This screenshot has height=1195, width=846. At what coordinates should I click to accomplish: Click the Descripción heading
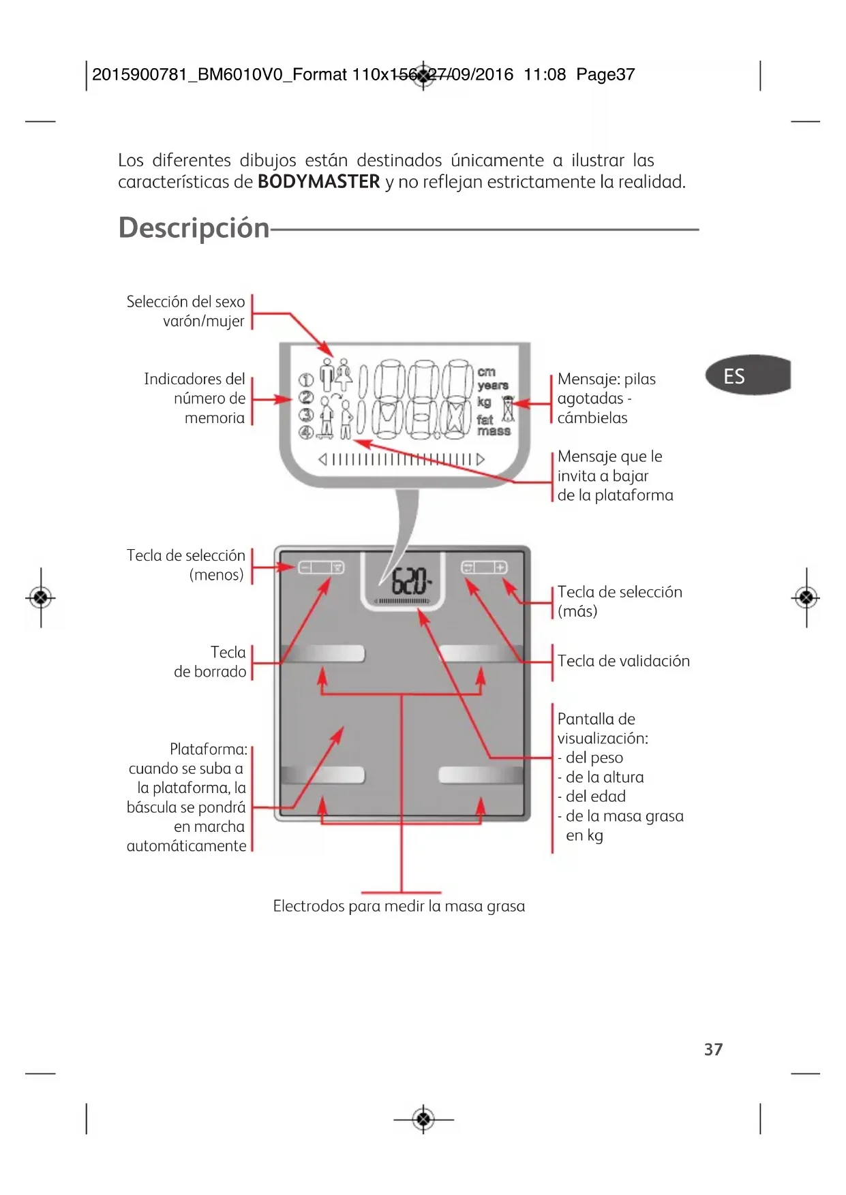(194, 228)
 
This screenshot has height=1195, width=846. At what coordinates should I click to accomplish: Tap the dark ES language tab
(748, 375)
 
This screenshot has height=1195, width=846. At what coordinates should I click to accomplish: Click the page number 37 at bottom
(713, 1049)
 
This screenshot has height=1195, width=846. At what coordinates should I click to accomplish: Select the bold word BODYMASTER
(318, 182)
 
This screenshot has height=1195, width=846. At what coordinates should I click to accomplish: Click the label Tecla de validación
(624, 661)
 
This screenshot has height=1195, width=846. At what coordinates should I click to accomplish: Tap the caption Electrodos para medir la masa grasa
(399, 906)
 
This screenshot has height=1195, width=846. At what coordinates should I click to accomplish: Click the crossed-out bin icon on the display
(508, 409)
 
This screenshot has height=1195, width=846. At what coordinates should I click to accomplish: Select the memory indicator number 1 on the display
(307, 380)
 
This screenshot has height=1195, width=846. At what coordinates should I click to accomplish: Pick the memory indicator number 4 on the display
(306, 431)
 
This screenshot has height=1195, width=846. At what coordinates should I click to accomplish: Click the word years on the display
(493, 386)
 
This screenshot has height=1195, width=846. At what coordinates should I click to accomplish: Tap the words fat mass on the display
(494, 425)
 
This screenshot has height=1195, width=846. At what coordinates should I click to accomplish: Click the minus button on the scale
(305, 568)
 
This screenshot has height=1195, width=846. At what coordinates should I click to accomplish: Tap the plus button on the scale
(500, 568)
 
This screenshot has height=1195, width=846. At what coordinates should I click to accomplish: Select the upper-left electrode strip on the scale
(322, 654)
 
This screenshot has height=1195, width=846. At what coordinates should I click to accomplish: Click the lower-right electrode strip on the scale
(481, 775)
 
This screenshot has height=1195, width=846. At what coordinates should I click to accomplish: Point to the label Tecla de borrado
(210, 662)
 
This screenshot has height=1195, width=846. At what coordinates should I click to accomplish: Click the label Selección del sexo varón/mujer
(185, 311)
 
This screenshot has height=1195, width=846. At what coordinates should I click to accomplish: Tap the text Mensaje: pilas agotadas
(606, 388)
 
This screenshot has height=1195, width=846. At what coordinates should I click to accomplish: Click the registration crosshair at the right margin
(806, 598)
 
